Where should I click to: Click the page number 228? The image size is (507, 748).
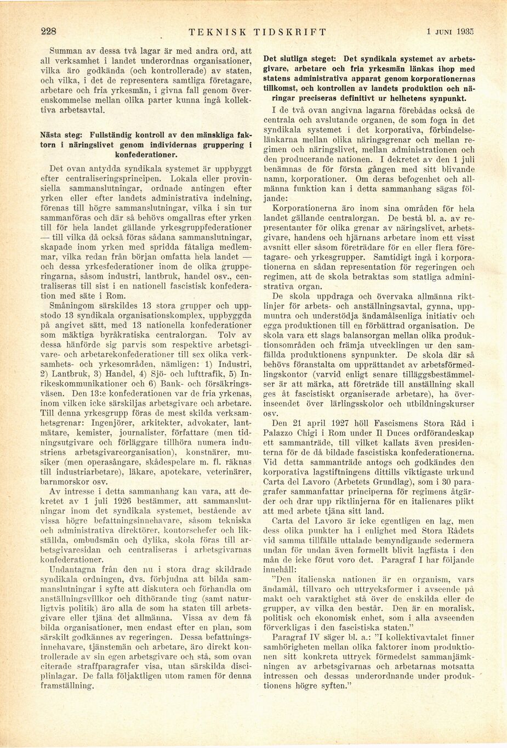(49, 31)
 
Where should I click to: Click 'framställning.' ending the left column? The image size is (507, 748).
(69, 685)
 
